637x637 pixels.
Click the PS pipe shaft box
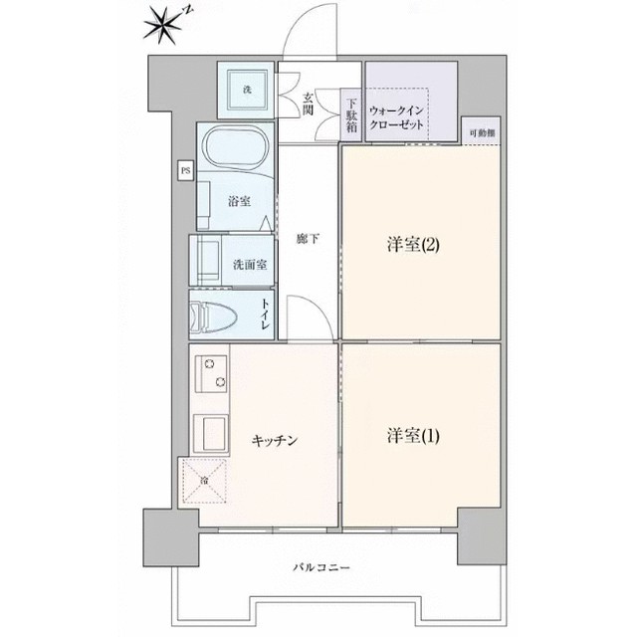185,171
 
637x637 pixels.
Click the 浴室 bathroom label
239,201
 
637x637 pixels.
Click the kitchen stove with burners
211,376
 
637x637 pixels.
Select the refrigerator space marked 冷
203,482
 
